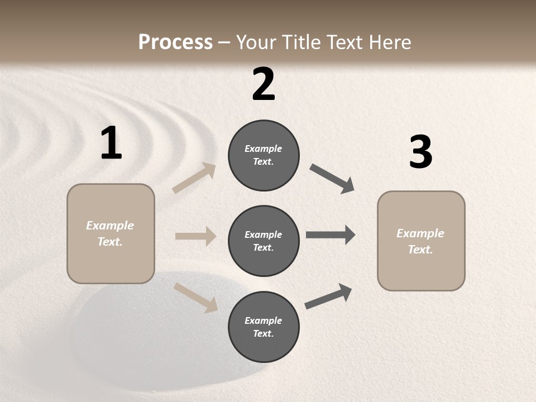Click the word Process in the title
coord(175,42)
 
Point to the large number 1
coord(111,143)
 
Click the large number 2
coord(264,84)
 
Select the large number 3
coord(420,152)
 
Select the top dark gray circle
coord(264,155)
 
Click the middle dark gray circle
coord(264,241)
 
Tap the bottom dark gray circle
coord(264,327)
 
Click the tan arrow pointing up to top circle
coord(194,178)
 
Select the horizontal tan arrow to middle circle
coord(195,236)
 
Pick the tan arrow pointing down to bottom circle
coord(195,297)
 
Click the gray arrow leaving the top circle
coord(332,179)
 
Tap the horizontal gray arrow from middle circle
coord(331,235)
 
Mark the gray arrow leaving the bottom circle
coord(328,296)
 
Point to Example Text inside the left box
coord(110,233)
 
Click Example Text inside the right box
coord(420,241)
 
